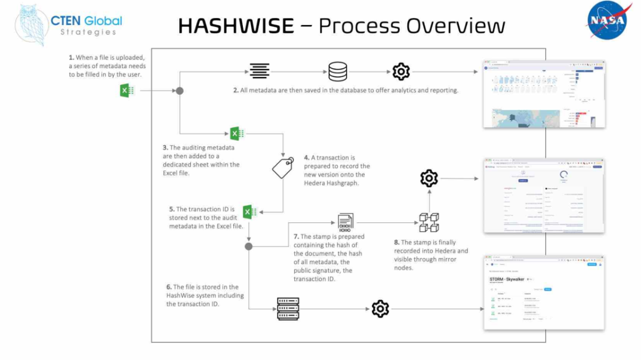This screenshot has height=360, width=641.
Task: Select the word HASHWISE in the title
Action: pyautogui.click(x=235, y=26)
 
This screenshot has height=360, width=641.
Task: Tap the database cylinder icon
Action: pyautogui.click(x=338, y=71)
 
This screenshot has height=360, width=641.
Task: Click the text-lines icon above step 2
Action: pyautogui.click(x=259, y=71)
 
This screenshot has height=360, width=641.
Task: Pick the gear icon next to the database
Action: pyautogui.click(x=401, y=71)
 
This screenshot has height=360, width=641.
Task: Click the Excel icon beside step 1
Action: pyautogui.click(x=128, y=91)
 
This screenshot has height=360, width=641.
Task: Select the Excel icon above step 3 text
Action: pyautogui.click(x=236, y=133)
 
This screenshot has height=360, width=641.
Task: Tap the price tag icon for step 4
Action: pyautogui.click(x=283, y=167)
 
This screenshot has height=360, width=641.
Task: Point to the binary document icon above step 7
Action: pyautogui.click(x=345, y=222)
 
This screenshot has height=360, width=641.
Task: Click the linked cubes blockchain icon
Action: pyautogui.click(x=429, y=222)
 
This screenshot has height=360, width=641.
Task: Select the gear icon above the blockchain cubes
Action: pyautogui.click(x=429, y=179)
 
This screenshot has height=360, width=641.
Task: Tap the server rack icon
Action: pyautogui.click(x=288, y=309)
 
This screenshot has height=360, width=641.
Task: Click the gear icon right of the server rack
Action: pyautogui.click(x=380, y=309)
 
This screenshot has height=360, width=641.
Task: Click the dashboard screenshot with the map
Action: pyautogui.click(x=544, y=94)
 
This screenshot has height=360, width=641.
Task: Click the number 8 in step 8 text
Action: pyautogui.click(x=396, y=242)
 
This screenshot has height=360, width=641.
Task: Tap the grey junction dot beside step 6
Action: pyautogui.click(x=249, y=247)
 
